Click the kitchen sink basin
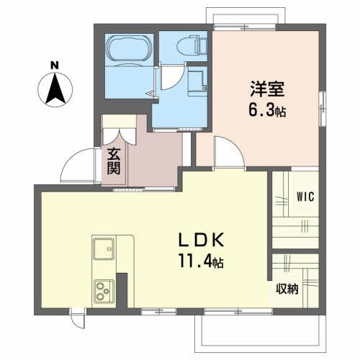[102, 249]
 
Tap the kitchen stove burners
[102, 292]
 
